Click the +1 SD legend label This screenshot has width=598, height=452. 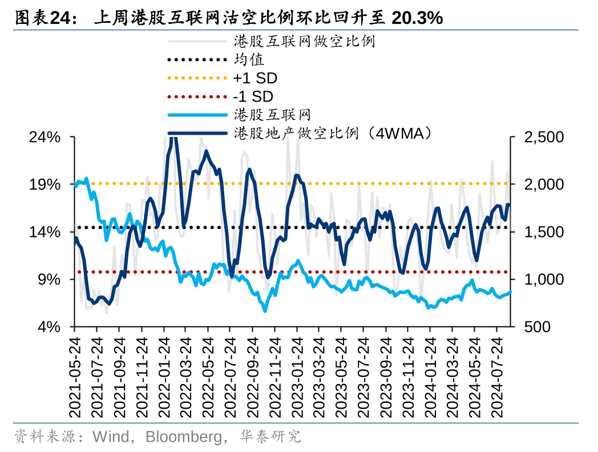[255, 78]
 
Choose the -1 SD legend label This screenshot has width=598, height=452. [253, 96]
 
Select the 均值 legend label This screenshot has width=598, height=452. [249, 59]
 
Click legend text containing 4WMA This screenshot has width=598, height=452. [333, 133]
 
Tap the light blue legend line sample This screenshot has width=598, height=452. [197, 115]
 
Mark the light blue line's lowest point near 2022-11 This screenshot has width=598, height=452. [265, 310]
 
